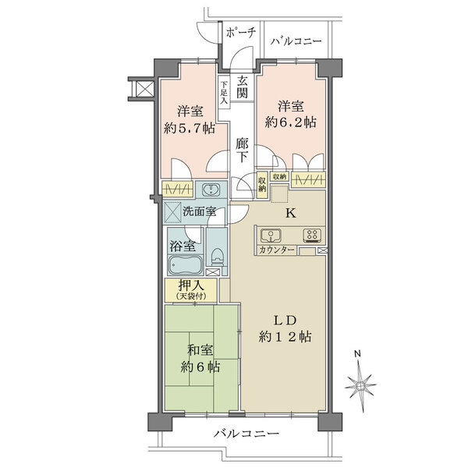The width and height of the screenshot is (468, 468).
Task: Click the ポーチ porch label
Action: pos(241,33)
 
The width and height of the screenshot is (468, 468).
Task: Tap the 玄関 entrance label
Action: pos(242,87)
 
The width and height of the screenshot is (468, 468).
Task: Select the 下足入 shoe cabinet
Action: pos(224,93)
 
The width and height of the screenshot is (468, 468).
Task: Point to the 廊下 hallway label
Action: pos(242,151)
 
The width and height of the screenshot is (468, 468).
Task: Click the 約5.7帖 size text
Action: pos(190,129)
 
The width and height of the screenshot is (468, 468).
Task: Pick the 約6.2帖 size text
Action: pos(290,122)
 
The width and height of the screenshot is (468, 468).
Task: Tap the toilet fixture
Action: pos(217,256)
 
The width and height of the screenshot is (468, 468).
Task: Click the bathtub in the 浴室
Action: pos(185,265)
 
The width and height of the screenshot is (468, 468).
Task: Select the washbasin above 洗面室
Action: pos(211,190)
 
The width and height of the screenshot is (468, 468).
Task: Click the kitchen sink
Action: pos(271,236)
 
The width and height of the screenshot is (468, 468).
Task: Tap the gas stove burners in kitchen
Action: pos(312,235)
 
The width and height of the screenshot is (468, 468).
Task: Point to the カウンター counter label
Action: pos(277,250)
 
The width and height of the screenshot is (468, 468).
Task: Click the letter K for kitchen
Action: pos(291,213)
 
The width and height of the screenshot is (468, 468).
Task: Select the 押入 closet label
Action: pos(191,286)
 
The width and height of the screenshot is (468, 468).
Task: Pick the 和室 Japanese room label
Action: pos(200,350)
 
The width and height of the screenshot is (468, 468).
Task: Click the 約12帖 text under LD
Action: pos(285,337)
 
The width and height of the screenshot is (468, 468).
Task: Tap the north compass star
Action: pos(360,385)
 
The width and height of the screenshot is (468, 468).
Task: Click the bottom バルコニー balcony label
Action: pos(246,433)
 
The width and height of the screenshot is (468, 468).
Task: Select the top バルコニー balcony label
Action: pos(296,41)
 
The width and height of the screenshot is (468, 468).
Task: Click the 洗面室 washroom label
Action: pos(199,212)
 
